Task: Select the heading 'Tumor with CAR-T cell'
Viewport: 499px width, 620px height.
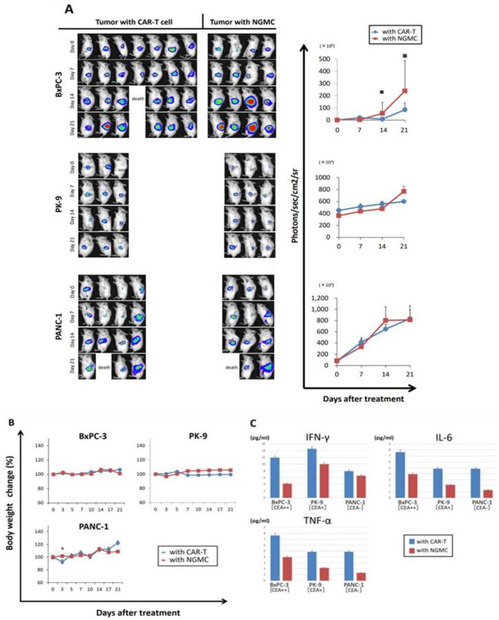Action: coord(130,22)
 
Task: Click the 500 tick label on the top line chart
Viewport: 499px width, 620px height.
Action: coord(321,58)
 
